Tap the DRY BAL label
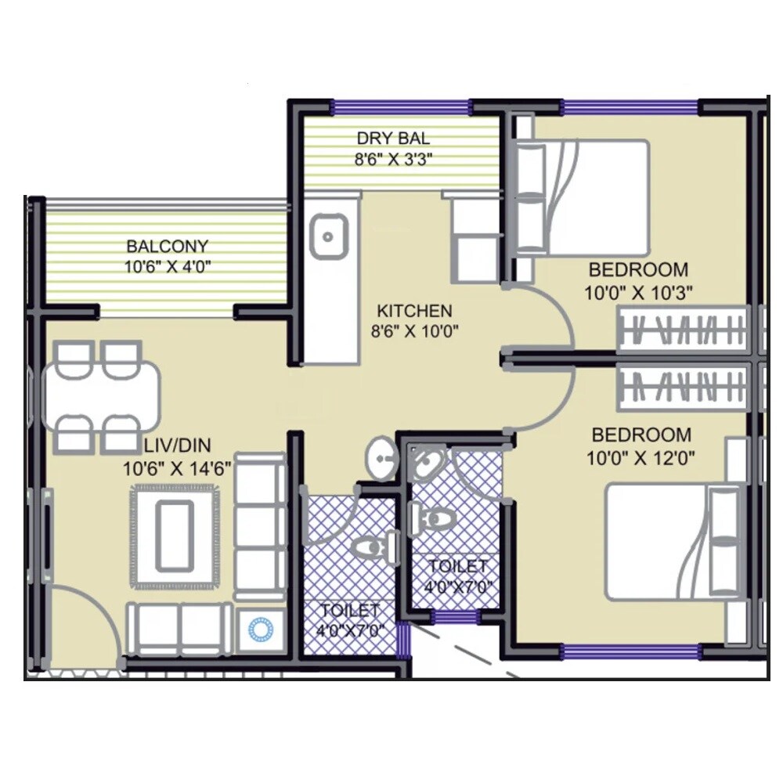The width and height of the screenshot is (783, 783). pyautogui.click(x=393, y=139)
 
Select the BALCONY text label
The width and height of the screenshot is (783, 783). pyautogui.click(x=168, y=244)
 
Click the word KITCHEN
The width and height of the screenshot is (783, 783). pyautogui.click(x=413, y=310)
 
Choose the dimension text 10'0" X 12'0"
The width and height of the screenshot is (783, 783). pyautogui.click(x=640, y=458)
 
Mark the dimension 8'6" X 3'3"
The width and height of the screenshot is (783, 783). pyautogui.click(x=394, y=159)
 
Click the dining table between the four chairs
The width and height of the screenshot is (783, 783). pyautogui.click(x=102, y=396)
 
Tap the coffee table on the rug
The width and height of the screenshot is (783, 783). pyautogui.click(x=175, y=536)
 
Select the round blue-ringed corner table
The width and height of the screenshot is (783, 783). pyautogui.click(x=260, y=629)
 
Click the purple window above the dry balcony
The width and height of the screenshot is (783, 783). pyautogui.click(x=401, y=107)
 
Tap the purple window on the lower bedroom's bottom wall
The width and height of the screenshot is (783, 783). pyautogui.click(x=630, y=651)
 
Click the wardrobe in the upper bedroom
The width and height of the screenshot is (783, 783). pyautogui.click(x=681, y=329)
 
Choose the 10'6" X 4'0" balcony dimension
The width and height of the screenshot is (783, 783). pyautogui.click(x=168, y=266)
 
